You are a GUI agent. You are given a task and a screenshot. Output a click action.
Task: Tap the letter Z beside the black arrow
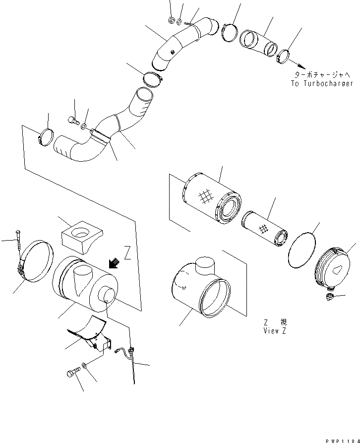[127, 255]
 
